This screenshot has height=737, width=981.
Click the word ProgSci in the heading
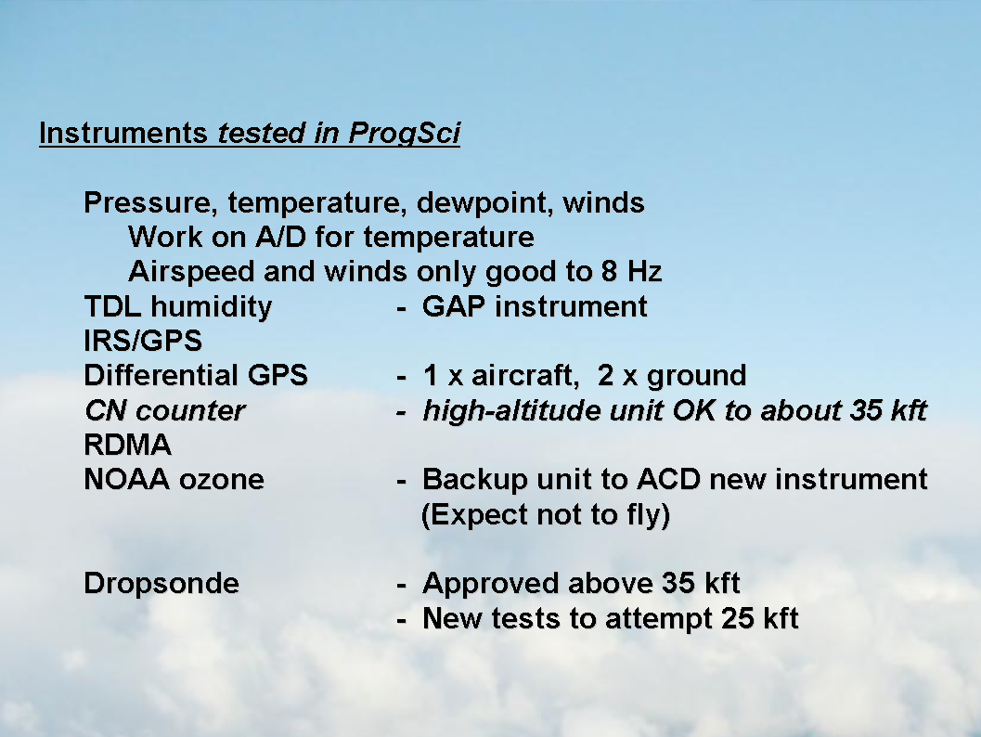pos(404,134)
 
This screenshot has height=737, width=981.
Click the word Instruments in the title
pos(123,133)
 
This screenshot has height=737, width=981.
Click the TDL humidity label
pos(178,306)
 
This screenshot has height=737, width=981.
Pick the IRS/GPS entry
pos(143,341)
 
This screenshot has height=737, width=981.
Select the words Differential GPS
pos(196,375)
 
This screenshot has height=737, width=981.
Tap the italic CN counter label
pos(164,410)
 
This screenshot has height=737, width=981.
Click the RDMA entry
pos(128,445)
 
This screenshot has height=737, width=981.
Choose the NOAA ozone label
pos(174,479)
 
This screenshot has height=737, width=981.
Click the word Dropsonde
pos(161,583)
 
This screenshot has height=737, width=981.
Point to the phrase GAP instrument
pos(535,306)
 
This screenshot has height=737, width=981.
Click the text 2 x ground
pos(672,375)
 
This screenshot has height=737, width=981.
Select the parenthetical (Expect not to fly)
pos(546,515)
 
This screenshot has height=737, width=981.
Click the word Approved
pos(491,583)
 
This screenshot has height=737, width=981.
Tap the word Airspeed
pos(192,272)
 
